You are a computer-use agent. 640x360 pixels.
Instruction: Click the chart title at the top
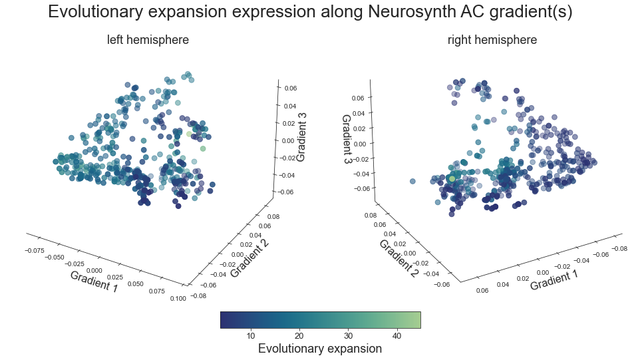click(x=311, y=12)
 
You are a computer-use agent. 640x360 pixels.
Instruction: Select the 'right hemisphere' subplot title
click(x=492, y=40)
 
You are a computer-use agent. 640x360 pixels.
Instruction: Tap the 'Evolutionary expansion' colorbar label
click(x=320, y=349)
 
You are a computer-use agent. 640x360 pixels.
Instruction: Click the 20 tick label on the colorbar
click(x=299, y=335)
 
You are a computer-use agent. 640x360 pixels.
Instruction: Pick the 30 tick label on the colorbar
click(x=348, y=335)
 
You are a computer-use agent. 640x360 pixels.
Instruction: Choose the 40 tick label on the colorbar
click(x=397, y=335)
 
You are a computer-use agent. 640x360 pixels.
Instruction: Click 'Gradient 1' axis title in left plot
click(x=94, y=281)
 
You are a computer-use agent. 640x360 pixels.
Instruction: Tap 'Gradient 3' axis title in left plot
click(x=301, y=137)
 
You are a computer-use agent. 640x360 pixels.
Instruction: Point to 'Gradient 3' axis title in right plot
click(x=346, y=140)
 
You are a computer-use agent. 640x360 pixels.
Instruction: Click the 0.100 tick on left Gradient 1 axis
click(x=178, y=299)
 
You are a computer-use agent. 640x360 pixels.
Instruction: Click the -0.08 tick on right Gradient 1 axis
click(x=619, y=248)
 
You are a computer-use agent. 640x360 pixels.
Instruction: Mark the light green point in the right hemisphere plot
click(x=452, y=178)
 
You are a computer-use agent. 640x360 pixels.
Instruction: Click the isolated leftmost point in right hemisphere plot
click(x=412, y=181)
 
